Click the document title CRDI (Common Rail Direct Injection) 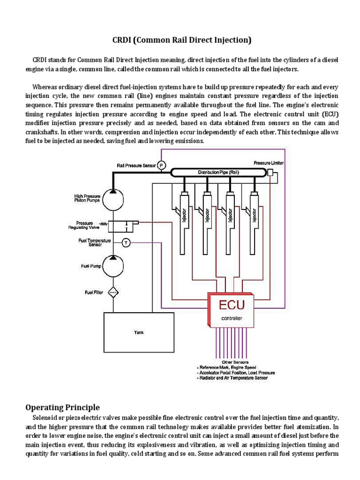pos(180,40)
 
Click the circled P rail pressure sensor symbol pos(161,165)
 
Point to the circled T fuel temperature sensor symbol pos(126,242)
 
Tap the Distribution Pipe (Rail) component pos(218,173)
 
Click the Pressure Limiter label pos(269,163)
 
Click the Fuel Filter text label pos(94,293)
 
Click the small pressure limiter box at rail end pos(270,173)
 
